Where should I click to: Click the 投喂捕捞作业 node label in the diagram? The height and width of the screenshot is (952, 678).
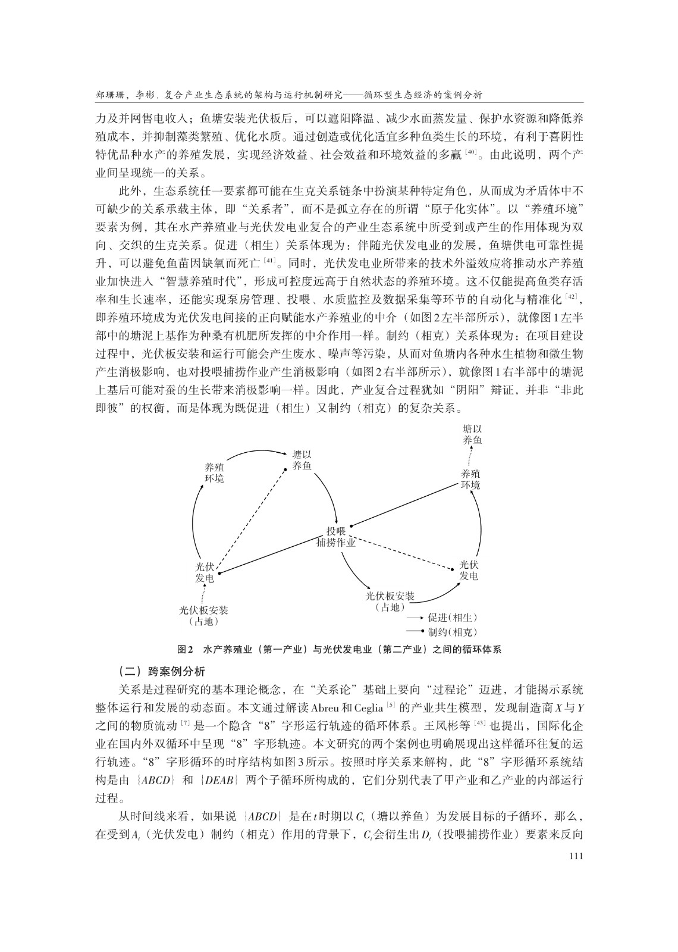[x=336, y=537]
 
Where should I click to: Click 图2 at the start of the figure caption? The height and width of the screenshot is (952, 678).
[x=186, y=649]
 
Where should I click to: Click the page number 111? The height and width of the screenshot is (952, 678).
[x=575, y=856]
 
